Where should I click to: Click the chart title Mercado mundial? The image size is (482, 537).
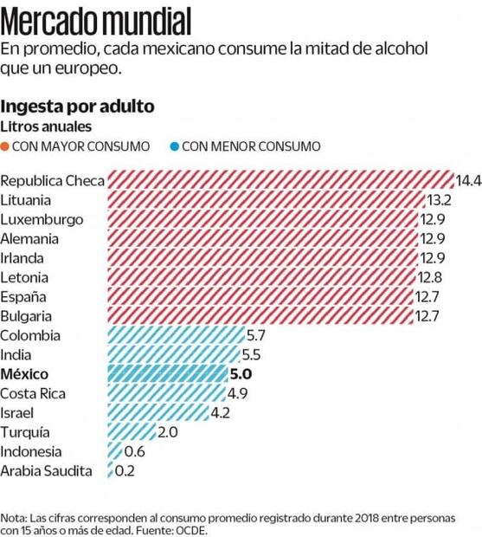pyautogui.click(x=96, y=17)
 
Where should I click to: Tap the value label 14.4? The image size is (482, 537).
pyautogui.click(x=468, y=180)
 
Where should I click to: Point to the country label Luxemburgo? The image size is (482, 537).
pyautogui.click(x=42, y=219)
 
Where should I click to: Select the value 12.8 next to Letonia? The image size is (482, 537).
pyautogui.click(x=428, y=277)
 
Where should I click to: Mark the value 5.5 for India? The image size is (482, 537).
pyautogui.click(x=252, y=355)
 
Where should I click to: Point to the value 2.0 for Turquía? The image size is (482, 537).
pyautogui.click(x=170, y=432)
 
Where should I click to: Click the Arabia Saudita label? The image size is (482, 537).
pyautogui.click(x=48, y=471)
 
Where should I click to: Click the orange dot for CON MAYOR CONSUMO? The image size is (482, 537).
pyautogui.click(x=6, y=146)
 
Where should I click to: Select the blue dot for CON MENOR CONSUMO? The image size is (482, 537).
pyautogui.click(x=175, y=146)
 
